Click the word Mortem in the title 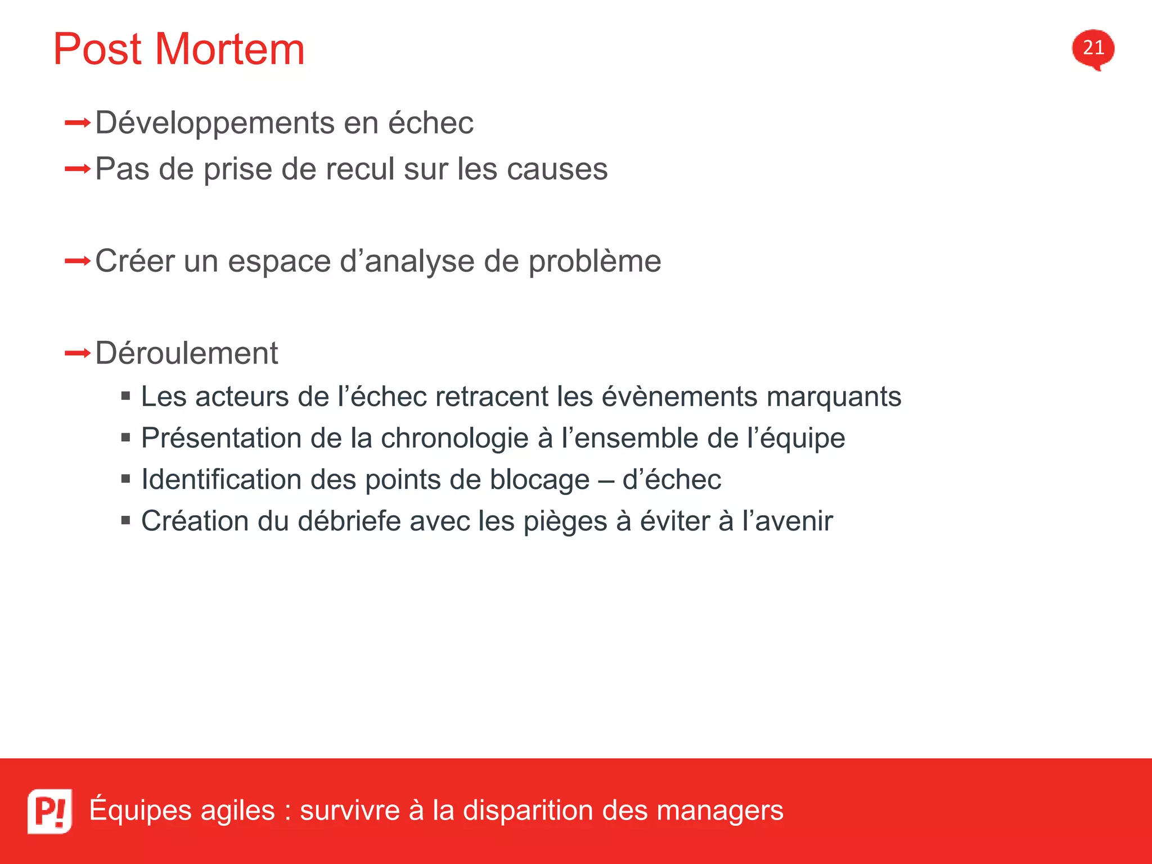pyautogui.click(x=229, y=49)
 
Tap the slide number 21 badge pyautogui.click(x=1093, y=48)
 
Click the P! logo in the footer pyautogui.click(x=50, y=811)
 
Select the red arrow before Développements pyautogui.click(x=78, y=123)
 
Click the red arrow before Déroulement pyautogui.click(x=78, y=354)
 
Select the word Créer pyautogui.click(x=134, y=261)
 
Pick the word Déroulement pyautogui.click(x=187, y=353)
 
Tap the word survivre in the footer pyautogui.click(x=350, y=811)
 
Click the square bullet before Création pyautogui.click(x=125, y=520)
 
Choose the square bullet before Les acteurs pyautogui.click(x=125, y=396)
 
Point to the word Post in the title pyautogui.click(x=97, y=49)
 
